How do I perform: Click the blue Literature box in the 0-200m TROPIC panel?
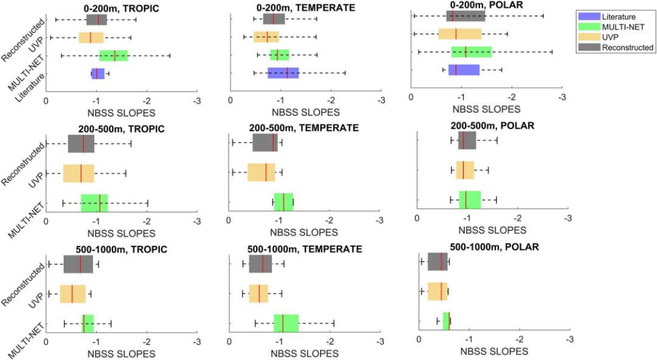pos(98,74)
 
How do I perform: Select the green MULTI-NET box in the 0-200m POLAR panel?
pos(471,52)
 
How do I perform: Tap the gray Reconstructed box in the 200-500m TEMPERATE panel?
pos(265,143)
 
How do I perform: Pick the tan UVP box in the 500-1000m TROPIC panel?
pos(72,294)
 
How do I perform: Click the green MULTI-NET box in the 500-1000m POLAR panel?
pos(447,321)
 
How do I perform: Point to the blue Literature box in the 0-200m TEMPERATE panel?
pos(283,73)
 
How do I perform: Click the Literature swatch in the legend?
pos(588,17)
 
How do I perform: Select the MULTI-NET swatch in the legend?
pos(588,27)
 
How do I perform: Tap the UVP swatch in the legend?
pos(588,37)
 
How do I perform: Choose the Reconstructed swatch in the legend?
pos(588,47)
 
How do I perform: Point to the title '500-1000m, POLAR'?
pos(495,247)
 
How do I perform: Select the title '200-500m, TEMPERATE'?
pos(304,128)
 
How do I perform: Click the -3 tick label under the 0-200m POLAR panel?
pos(562,97)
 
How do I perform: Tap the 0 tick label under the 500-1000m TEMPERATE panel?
pos(229,342)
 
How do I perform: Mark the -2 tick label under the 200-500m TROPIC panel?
pos(147,221)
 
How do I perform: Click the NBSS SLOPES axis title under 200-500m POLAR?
pos(492,230)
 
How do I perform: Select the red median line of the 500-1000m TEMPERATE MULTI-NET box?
pos(283,323)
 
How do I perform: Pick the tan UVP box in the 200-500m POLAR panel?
pos(465,170)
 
